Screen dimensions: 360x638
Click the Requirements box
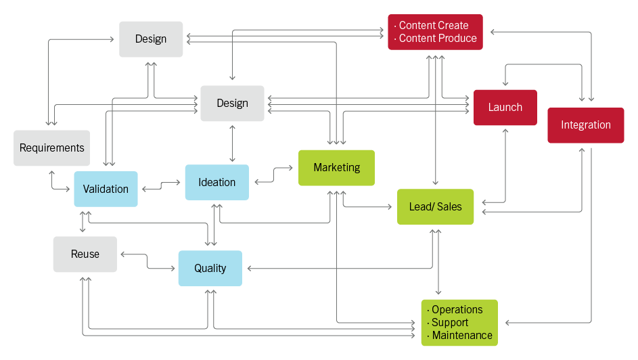point(52,148)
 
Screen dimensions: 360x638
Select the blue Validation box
point(106,189)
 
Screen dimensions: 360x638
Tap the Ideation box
point(217,182)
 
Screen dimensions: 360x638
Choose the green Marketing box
point(336,168)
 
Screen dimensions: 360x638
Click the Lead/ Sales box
point(435,206)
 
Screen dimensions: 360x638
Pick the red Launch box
point(505,107)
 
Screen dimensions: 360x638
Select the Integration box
point(585,125)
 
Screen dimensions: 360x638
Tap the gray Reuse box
point(85,254)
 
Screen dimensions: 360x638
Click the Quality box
point(210,268)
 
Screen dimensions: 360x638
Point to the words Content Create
point(433,26)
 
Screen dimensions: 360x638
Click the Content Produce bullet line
point(437,39)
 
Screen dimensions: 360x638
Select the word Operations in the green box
point(457,310)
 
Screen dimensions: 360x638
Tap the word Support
point(450,323)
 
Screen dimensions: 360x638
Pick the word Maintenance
point(462,336)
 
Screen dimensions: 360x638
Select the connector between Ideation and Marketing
point(273,175)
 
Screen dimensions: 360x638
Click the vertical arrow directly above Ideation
point(232,143)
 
